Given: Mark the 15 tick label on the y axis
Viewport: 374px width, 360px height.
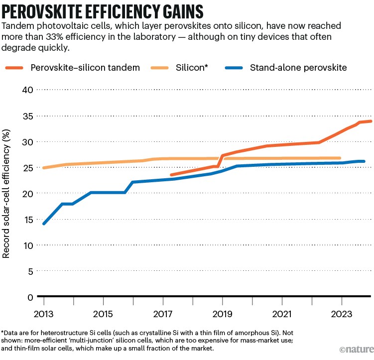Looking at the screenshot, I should coord(27,220).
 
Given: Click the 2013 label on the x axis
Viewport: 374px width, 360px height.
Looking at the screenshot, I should coord(44,315).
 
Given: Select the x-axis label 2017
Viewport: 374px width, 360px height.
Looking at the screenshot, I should coord(163,315).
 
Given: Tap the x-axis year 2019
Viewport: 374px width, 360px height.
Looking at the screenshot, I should coord(222,315).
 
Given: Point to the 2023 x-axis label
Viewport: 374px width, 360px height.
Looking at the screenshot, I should coord(341,315).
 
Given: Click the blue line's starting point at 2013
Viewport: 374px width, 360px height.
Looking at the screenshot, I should coord(44,224).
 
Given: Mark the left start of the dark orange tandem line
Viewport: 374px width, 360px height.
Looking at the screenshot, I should coord(171,175).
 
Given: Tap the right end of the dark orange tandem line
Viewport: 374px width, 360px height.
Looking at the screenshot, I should coord(371,121).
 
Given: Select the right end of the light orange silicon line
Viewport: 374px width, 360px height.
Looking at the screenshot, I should coord(340,158).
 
